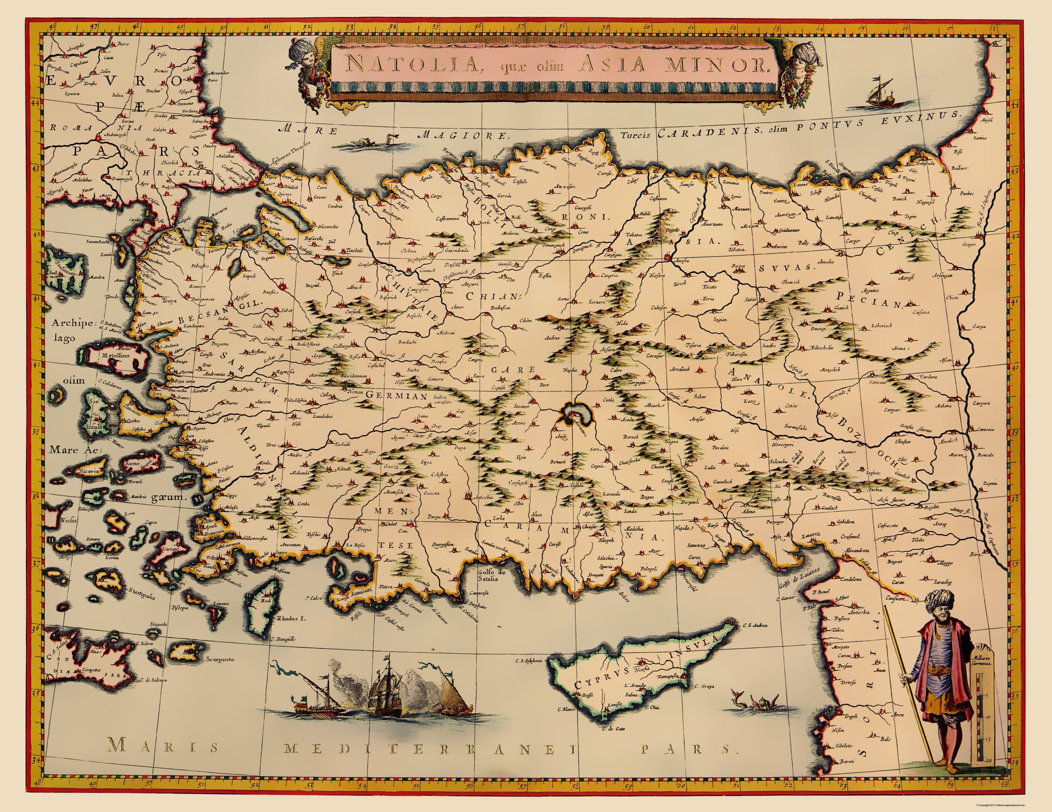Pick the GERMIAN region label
397,395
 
